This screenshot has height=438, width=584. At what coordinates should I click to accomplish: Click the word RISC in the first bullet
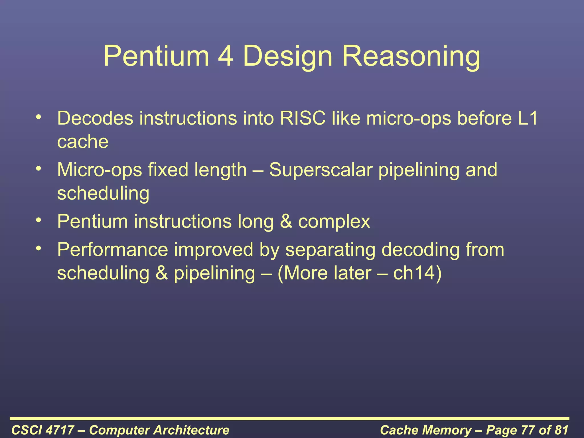click(x=303, y=118)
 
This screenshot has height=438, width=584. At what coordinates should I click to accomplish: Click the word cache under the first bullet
click(x=83, y=142)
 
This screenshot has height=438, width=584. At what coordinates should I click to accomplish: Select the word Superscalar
click(x=321, y=170)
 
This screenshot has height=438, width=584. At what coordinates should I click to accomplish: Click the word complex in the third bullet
click(x=334, y=222)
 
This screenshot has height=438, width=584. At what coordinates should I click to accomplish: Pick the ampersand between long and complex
click(x=286, y=222)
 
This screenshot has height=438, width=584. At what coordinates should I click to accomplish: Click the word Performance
click(x=113, y=250)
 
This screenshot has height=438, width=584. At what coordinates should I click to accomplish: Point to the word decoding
click(x=420, y=250)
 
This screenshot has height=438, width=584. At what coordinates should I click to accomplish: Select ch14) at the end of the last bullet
click(x=417, y=273)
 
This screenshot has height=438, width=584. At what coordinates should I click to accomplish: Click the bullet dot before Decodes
click(x=39, y=117)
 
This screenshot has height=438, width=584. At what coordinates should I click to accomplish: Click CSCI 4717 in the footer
click(x=43, y=430)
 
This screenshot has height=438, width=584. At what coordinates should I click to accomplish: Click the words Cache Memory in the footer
click(x=426, y=430)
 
